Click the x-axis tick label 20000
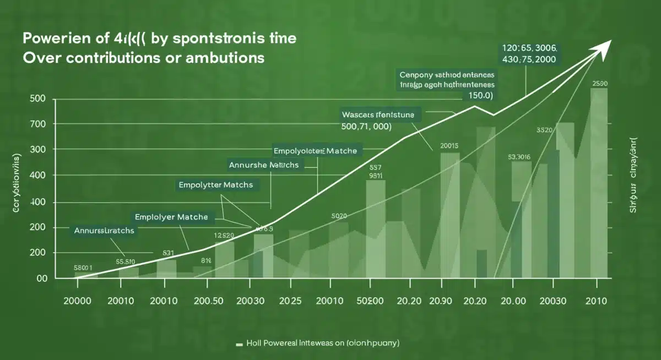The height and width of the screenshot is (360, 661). click(78, 301)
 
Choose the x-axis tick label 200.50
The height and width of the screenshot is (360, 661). click(208, 301)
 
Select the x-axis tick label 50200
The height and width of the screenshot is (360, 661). click(370, 301)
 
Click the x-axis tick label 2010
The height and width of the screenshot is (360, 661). click(596, 301)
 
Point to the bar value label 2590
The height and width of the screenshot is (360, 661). click(600, 84)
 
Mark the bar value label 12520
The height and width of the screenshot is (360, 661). click(224, 236)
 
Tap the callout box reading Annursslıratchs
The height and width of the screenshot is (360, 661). click(104, 231)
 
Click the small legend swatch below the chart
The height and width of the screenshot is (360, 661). click(239, 343)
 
